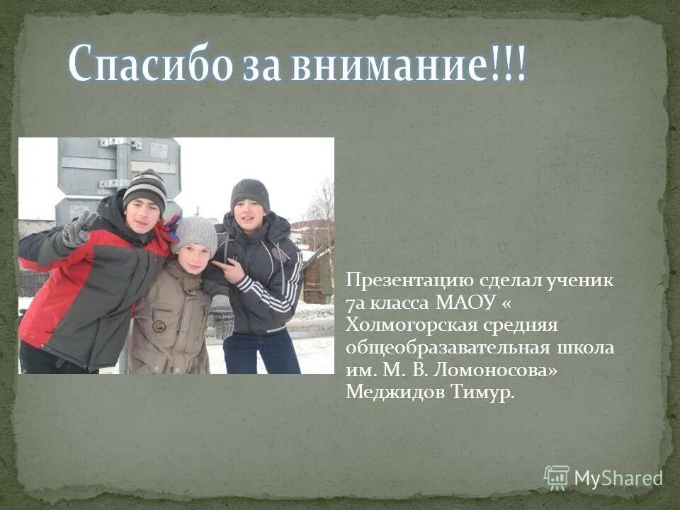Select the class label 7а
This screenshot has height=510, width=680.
pyautogui.click(x=353, y=303)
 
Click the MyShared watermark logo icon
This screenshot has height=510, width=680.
pyautogui.click(x=557, y=477)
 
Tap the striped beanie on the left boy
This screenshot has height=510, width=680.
pyautogui.click(x=144, y=188)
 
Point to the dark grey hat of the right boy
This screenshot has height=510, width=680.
pyautogui.click(x=250, y=193)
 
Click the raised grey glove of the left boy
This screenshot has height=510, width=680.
pyautogui.click(x=78, y=229)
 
